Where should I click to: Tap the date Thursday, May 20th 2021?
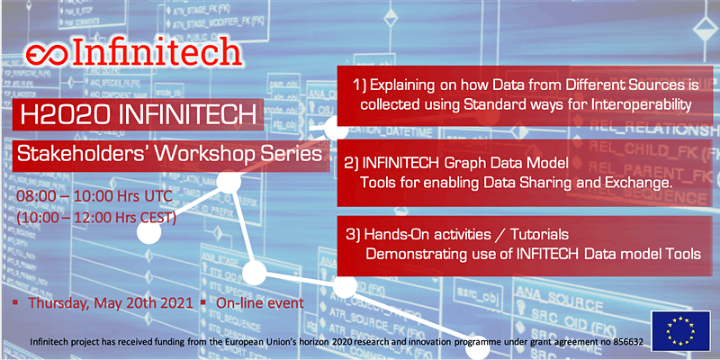point(107,303)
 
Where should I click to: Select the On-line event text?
point(262,303)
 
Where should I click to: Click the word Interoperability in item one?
point(640,104)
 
